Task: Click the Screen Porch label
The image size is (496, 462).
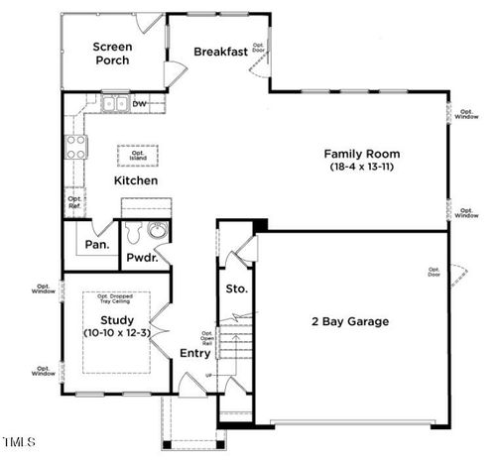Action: [113, 54]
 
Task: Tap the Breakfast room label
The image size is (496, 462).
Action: [220, 52]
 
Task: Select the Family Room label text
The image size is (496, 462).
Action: [362, 154]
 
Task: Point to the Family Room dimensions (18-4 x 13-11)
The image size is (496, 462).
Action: [362, 168]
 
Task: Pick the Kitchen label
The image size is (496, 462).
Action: [135, 181]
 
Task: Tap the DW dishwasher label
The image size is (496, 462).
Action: [140, 102]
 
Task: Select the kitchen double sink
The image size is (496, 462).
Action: [112, 102]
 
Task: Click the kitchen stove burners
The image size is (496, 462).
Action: [75, 147]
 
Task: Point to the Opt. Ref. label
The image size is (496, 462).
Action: [74, 201]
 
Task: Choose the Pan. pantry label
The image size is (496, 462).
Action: [96, 243]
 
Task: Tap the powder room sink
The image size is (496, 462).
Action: [156, 231]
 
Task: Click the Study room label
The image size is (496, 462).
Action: [117, 320]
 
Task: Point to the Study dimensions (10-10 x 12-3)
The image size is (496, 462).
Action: [117, 334]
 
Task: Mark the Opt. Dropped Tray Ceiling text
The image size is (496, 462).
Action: [117, 300]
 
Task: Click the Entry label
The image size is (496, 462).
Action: [194, 353]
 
